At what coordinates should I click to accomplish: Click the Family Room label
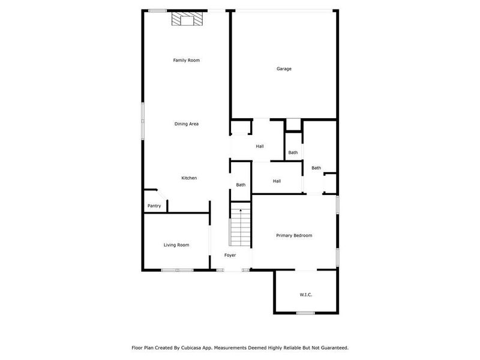pos(186,60)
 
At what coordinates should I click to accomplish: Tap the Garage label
pos(284,69)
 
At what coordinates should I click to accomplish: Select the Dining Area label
pos(186,124)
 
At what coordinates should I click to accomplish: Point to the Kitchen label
pos(189,178)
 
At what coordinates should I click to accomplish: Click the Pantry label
pos(154,206)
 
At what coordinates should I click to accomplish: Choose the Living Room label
pos(176,245)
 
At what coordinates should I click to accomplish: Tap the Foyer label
pos(230,256)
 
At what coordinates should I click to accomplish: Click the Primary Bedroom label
pos(294,236)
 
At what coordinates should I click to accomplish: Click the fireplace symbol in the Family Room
pos(187,20)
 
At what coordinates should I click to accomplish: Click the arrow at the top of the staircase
pos(240,211)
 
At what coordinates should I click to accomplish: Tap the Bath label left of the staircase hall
pos(241,185)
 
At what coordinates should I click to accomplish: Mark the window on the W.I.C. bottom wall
pos(305,313)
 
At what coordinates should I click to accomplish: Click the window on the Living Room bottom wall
pos(178,270)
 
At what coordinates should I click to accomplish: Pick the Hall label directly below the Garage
pos(260,146)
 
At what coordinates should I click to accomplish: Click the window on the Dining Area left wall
pos(143,120)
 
